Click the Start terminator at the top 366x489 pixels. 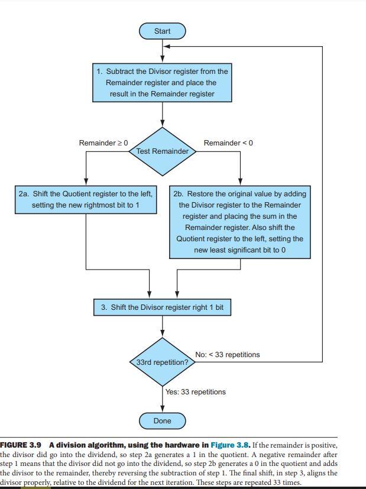(162, 31)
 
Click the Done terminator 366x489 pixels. (162, 421)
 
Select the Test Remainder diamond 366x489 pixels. (162, 151)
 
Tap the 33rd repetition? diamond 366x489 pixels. (162, 362)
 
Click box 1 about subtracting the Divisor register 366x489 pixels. (162, 83)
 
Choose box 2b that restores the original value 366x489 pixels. (240, 222)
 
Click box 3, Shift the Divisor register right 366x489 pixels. (162, 307)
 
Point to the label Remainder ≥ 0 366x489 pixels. (103, 143)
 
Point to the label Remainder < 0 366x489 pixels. (228, 143)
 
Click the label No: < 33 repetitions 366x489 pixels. (227, 355)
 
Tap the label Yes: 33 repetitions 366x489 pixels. (196, 391)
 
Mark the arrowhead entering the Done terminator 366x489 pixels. (162, 409)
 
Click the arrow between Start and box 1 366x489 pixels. (162, 50)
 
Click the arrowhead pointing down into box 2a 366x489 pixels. (86, 182)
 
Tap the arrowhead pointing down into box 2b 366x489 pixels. (240, 182)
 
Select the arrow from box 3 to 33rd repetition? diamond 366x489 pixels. (162, 326)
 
